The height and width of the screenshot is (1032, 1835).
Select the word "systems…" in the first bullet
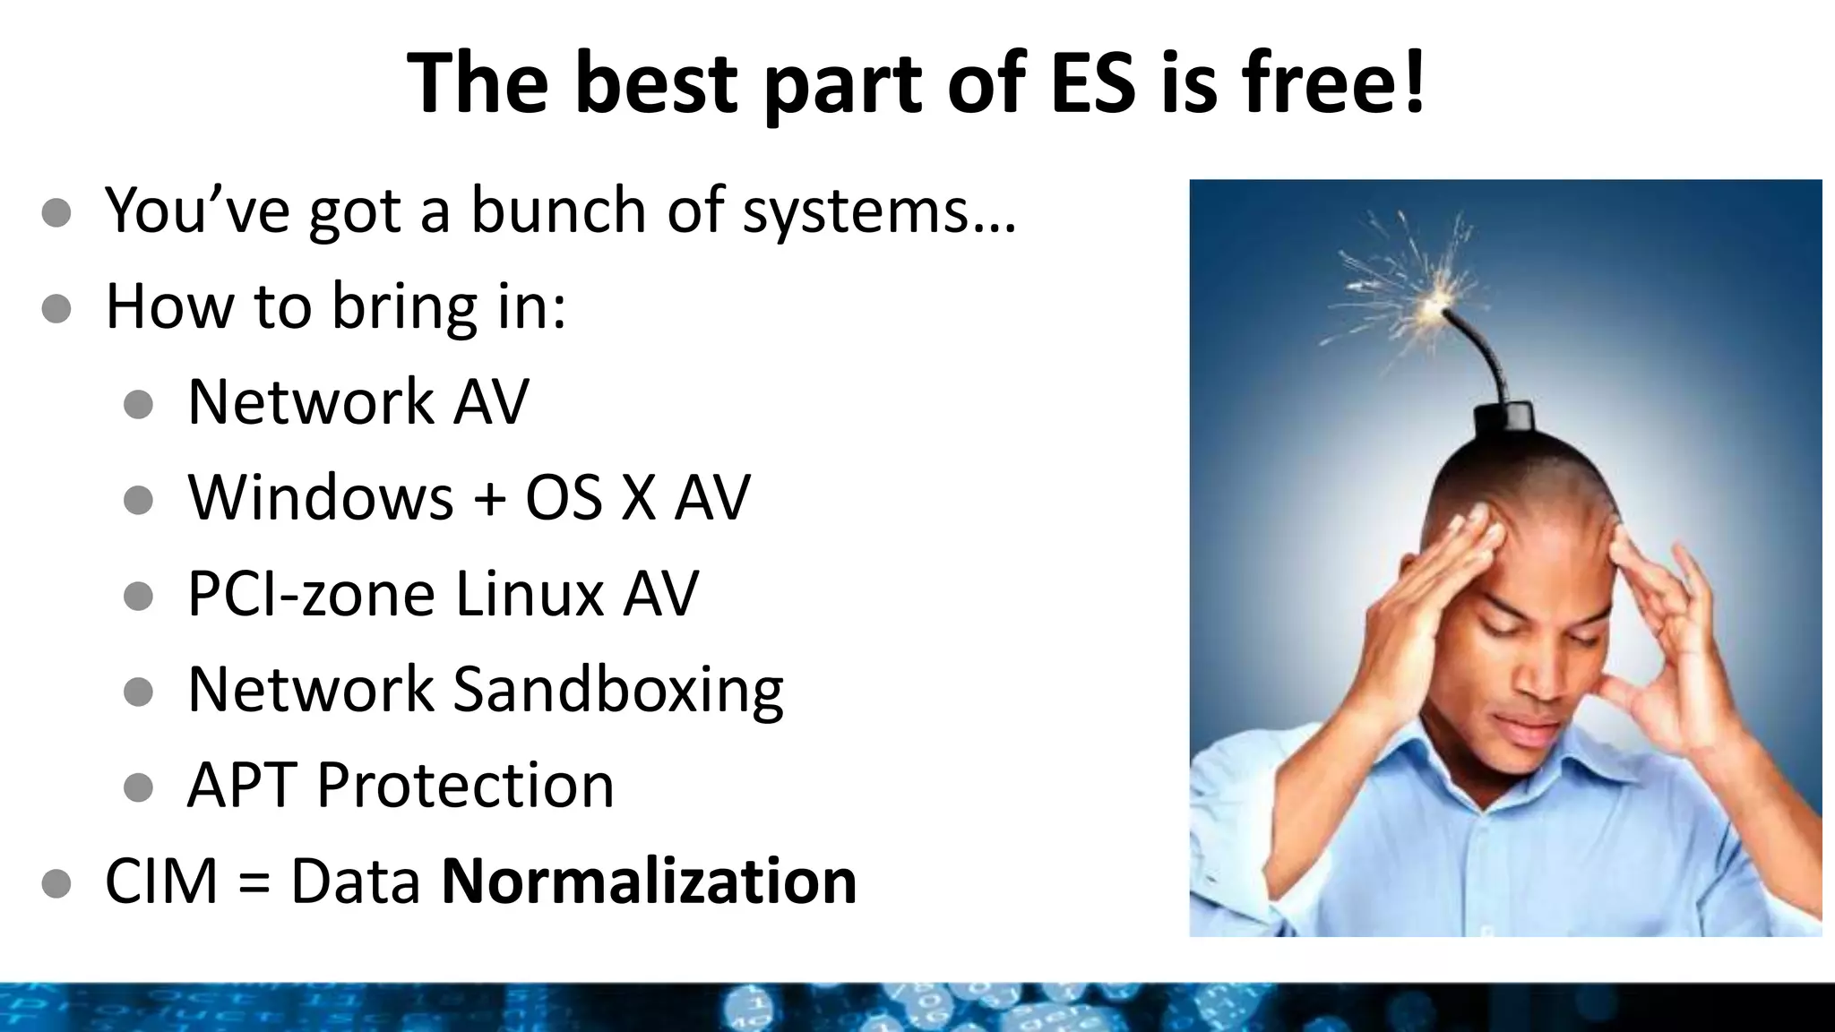click(879, 211)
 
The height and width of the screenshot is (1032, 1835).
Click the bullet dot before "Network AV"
click(138, 404)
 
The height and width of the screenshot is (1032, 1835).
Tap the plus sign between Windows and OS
click(489, 499)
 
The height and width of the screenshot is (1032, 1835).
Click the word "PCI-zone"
click(309, 594)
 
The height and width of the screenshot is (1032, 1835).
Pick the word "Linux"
click(530, 594)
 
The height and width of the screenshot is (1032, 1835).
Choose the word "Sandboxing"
click(618, 691)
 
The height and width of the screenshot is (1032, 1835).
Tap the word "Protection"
click(465, 786)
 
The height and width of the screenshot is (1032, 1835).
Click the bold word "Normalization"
click(650, 881)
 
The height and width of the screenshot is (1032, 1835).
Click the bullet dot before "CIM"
click(56, 883)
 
